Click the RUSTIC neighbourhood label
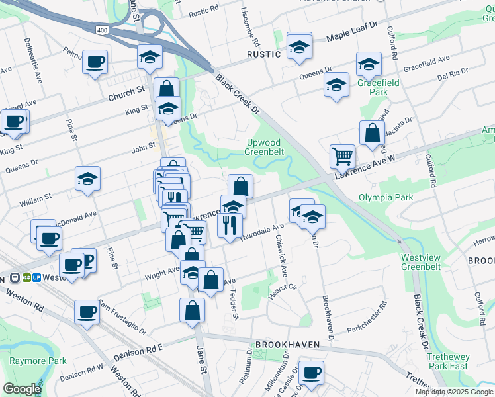pos(264,54)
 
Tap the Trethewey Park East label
pos(447,361)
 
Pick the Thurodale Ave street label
pos(262,234)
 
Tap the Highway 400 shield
pos(101,30)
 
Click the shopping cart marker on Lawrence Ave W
pos(342,156)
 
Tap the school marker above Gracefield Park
pos(368,64)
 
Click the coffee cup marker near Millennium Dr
pos(310,372)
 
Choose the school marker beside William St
pos(87,178)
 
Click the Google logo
pos(22,389)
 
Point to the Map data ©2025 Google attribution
pos(453,392)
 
